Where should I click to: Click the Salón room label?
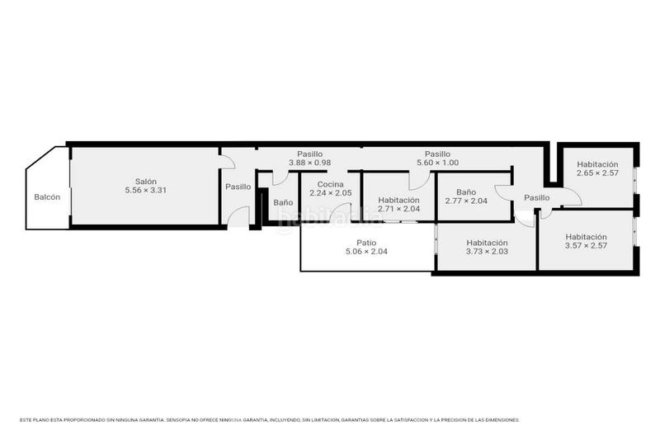click(x=146, y=182)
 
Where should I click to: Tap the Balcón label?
click(x=47, y=197)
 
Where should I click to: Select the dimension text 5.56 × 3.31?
click(x=146, y=191)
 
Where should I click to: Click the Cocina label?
click(x=330, y=183)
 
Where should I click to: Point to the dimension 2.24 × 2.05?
click(x=330, y=192)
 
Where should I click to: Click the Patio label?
click(x=366, y=243)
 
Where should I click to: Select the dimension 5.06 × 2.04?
click(x=366, y=252)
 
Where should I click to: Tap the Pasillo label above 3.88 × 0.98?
click(x=309, y=154)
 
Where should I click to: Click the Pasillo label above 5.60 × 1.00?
click(x=437, y=154)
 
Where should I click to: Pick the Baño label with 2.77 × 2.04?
click(x=466, y=192)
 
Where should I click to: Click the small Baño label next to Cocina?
click(x=283, y=202)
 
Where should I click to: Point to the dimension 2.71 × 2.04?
click(x=398, y=209)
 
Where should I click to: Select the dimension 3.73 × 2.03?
click(x=487, y=252)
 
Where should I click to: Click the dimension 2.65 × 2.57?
click(x=597, y=173)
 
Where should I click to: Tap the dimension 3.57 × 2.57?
click(x=586, y=245)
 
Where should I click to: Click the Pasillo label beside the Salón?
click(x=238, y=187)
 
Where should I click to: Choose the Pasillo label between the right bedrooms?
click(x=536, y=197)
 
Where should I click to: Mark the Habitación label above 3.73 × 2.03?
click(x=487, y=243)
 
